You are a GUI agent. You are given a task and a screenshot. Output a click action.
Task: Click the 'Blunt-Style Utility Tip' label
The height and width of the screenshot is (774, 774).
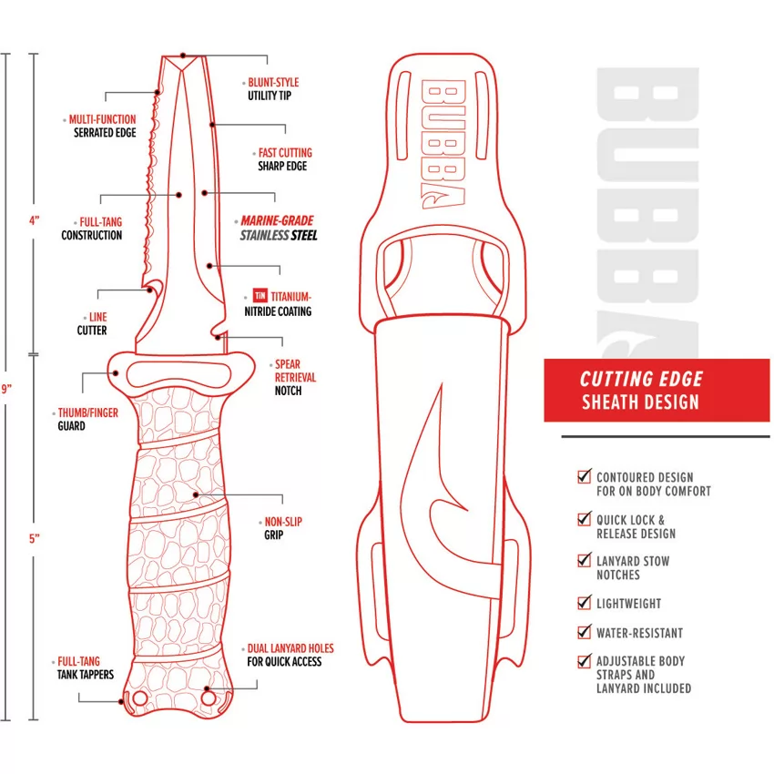coord(273,89)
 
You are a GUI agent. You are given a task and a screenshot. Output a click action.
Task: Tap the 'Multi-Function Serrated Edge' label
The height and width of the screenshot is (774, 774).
coord(103,126)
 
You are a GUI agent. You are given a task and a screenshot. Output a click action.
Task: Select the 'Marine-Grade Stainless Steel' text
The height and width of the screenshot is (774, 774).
coord(279,228)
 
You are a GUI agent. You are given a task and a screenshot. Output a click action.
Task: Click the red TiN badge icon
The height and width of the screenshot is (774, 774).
coord(260,295)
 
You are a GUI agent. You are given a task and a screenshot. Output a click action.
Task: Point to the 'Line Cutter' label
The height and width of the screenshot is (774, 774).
coord(92,323)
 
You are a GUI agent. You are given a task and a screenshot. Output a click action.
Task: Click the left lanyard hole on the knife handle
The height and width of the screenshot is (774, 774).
coord(140,698)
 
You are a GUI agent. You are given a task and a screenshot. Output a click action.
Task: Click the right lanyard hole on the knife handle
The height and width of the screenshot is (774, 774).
coord(209,698)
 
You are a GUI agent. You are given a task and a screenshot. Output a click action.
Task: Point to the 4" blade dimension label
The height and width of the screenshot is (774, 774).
coord(34,220)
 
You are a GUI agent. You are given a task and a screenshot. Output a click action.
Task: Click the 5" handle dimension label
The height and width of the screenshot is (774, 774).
coord(34,538)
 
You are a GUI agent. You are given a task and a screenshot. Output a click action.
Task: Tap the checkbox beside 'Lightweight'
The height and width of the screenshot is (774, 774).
coord(584,603)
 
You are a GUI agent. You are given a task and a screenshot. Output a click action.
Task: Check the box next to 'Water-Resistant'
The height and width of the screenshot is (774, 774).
coord(584,632)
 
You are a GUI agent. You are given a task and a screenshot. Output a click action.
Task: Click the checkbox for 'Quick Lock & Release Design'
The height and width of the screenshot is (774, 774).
coord(584,519)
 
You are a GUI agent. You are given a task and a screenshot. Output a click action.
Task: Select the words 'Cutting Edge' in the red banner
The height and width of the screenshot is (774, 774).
coord(641,379)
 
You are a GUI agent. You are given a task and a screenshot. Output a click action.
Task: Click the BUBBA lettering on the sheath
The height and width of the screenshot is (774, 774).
coord(443,143)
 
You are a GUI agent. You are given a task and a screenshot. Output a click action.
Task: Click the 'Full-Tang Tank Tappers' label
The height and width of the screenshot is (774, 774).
coord(85,667)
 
